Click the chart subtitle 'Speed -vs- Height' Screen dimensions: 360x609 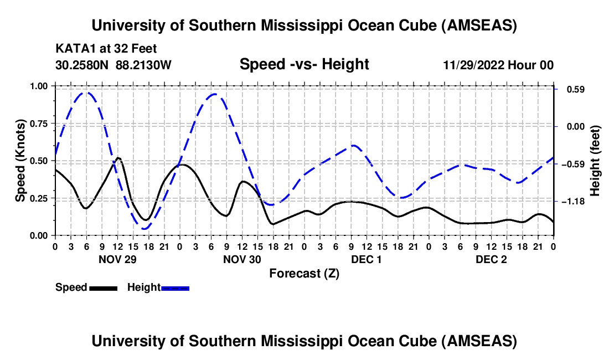click(x=304, y=65)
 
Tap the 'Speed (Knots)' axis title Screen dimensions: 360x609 click(x=20, y=161)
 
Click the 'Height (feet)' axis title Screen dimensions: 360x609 click(x=595, y=161)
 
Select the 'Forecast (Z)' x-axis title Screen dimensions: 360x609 click(x=304, y=273)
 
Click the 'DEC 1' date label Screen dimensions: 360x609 click(x=367, y=259)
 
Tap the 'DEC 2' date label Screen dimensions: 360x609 click(x=491, y=259)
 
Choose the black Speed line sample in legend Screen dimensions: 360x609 click(x=103, y=287)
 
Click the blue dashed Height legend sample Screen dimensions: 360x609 click(x=175, y=287)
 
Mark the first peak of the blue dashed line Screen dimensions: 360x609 click(x=86, y=92)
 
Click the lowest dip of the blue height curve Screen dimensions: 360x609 click(x=144, y=228)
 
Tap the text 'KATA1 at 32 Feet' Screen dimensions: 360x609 click(x=106, y=49)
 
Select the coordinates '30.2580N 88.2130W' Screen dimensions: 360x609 click(x=113, y=65)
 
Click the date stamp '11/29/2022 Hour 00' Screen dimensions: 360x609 click(x=498, y=65)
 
